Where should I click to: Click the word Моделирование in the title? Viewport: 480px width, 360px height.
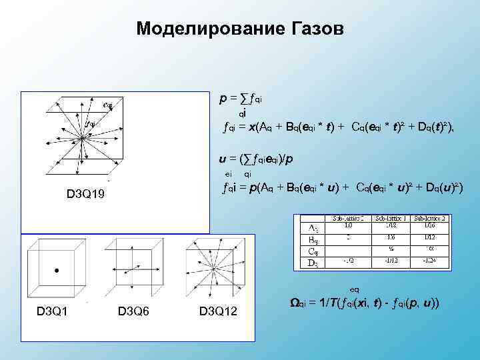[x=209, y=29]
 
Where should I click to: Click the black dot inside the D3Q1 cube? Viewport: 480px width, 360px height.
[x=56, y=271]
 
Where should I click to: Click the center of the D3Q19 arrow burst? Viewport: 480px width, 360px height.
[x=81, y=137]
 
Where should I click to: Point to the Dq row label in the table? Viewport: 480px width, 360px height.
[x=311, y=263]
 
